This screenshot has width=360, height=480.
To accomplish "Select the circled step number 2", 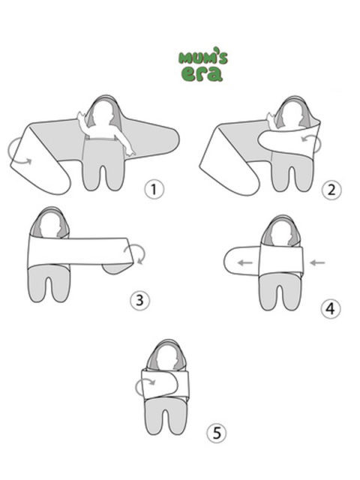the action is (x=331, y=190).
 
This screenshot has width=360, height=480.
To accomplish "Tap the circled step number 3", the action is (x=140, y=300).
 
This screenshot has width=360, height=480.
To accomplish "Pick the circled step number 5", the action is (x=217, y=433).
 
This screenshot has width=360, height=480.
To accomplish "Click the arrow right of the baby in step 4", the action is (x=317, y=262).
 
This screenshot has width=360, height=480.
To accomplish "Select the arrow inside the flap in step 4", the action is (x=245, y=262).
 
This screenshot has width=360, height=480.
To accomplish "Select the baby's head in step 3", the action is (x=50, y=224).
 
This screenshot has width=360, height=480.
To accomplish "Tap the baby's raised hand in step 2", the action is (x=271, y=118).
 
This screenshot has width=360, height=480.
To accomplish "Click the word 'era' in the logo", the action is (x=202, y=73).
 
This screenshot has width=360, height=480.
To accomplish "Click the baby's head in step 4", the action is (x=280, y=232).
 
